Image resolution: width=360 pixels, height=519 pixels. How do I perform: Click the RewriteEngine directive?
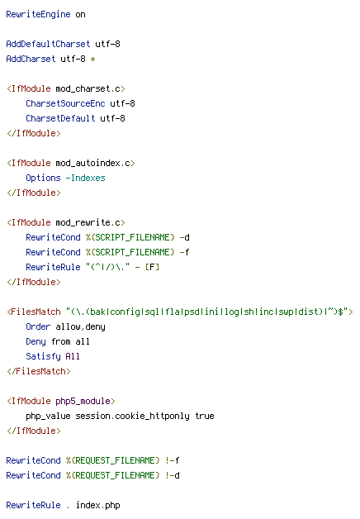[x=38, y=15]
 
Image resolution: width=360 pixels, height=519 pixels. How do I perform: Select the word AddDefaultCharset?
[x=48, y=44]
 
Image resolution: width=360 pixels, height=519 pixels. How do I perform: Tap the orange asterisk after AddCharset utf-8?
[x=93, y=60]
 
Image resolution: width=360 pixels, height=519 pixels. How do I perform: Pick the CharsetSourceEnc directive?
[x=65, y=103]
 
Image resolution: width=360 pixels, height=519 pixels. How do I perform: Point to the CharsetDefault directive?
[x=60, y=118]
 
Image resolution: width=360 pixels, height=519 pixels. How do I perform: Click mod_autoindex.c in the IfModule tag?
[x=93, y=163]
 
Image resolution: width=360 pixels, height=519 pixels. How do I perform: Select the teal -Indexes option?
[x=85, y=178]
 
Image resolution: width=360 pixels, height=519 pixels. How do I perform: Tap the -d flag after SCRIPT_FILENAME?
[x=184, y=238]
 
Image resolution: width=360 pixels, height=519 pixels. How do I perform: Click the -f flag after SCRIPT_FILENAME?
[x=184, y=253]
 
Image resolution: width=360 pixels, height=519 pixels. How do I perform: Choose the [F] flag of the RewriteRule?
[x=153, y=267]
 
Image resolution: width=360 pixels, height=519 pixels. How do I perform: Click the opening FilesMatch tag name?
[x=36, y=312]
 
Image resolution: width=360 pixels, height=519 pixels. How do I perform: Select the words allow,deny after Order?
[x=80, y=327]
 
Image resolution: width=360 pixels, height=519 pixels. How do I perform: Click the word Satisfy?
[x=43, y=356]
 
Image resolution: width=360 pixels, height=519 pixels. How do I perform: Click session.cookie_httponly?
[x=133, y=416]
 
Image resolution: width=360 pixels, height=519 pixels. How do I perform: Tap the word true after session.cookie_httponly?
[x=205, y=416]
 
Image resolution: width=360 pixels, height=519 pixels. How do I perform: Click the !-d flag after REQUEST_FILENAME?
[x=173, y=476]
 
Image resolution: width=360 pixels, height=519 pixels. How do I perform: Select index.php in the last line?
[x=98, y=506]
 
